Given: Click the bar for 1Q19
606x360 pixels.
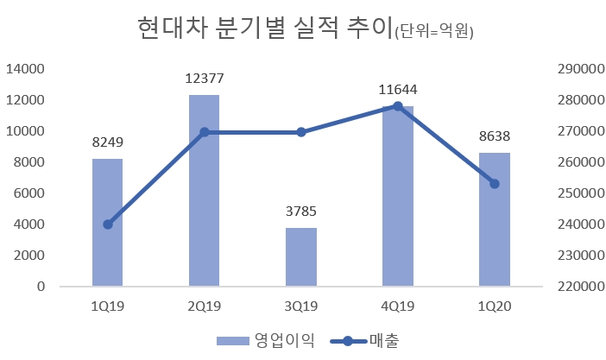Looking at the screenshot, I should pyautogui.click(x=107, y=223).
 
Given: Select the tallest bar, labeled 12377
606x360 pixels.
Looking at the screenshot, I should pyautogui.click(x=204, y=191).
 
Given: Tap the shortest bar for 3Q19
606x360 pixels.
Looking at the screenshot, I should pyautogui.click(x=301, y=257).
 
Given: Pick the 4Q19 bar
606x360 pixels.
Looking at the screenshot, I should pyautogui.click(x=398, y=196).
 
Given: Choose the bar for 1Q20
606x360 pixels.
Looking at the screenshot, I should pyautogui.click(x=495, y=219).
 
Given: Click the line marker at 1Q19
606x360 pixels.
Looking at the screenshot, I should pyautogui.click(x=108, y=224).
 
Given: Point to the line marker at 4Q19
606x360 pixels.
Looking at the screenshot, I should pyautogui.click(x=398, y=106).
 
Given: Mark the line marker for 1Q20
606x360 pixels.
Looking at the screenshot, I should pyautogui.click(x=495, y=184).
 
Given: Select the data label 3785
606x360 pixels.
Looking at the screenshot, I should pyautogui.click(x=301, y=212).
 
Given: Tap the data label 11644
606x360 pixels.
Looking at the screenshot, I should pyautogui.click(x=398, y=89).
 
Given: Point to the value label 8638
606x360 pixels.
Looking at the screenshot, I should pyautogui.click(x=495, y=136).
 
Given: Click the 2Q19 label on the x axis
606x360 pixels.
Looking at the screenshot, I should pyautogui.click(x=204, y=305).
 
